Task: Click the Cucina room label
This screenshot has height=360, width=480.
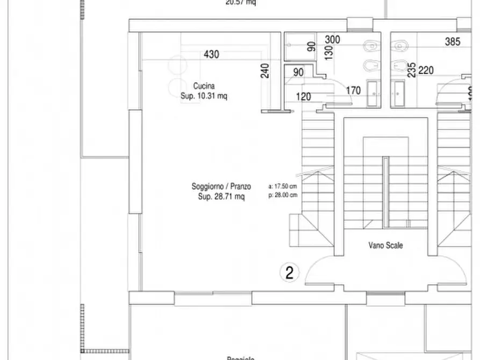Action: [204, 86]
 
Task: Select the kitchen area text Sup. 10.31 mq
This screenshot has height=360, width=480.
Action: [204, 97]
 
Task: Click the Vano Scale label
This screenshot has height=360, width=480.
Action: [385, 246]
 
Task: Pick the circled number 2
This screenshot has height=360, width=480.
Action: [289, 273]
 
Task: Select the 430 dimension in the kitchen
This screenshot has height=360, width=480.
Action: [211, 54]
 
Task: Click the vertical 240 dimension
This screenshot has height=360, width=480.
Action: [266, 70]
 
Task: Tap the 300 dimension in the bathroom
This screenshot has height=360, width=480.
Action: [333, 40]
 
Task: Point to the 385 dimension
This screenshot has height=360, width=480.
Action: [453, 41]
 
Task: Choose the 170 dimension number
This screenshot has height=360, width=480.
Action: [353, 90]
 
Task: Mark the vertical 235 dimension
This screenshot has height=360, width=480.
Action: [411, 70]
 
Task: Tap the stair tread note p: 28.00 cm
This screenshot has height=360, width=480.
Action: [282, 196]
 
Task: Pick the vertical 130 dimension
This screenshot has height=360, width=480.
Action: [329, 52]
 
